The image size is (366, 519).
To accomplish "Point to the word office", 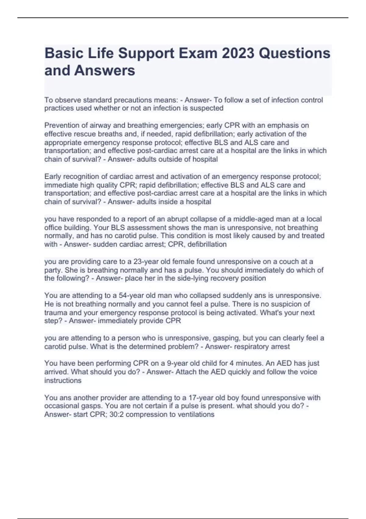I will pos(53,228).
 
